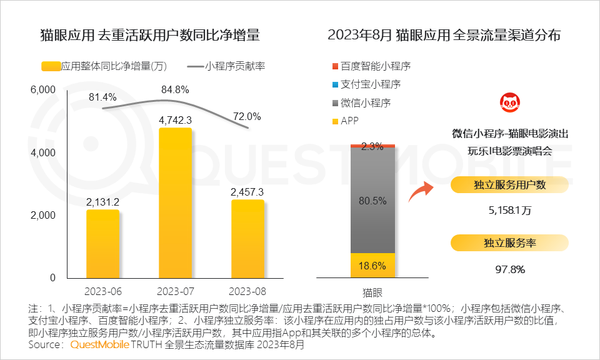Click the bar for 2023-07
click(x=175, y=203)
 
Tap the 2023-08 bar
click(x=247, y=239)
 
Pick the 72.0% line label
click(x=246, y=116)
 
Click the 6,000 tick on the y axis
click(x=43, y=90)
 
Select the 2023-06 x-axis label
click(x=102, y=292)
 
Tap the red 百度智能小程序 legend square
click(x=335, y=66)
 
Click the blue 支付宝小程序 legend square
click(x=335, y=84)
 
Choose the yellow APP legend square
click(x=335, y=121)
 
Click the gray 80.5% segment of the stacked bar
click(x=372, y=200)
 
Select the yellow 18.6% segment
click(x=372, y=266)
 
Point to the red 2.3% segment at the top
click(x=372, y=145)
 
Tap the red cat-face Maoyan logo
click(x=509, y=103)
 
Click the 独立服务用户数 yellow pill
click(x=509, y=184)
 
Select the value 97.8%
click(x=509, y=269)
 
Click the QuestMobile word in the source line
click(x=100, y=344)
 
